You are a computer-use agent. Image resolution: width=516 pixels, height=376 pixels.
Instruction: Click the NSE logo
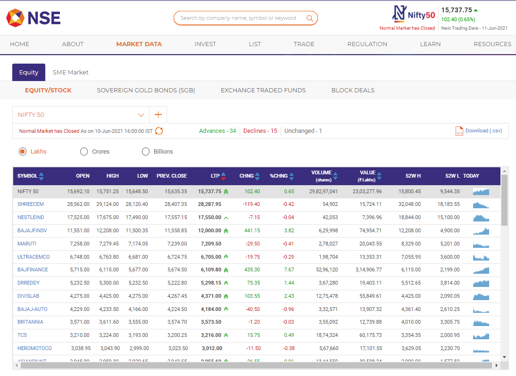(33, 18)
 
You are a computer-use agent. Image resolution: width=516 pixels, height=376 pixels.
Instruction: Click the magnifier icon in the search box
(310, 18)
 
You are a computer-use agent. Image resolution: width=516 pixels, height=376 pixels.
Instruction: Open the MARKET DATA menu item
(139, 44)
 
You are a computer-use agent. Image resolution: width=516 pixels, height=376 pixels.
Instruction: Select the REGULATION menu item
(367, 44)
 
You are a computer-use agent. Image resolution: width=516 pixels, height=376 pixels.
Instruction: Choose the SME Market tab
(71, 73)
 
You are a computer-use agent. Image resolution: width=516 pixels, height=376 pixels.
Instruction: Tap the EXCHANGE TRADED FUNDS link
(263, 90)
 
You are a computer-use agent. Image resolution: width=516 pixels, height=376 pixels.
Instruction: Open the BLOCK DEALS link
(353, 90)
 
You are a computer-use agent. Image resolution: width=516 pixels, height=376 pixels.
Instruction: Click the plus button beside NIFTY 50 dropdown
(158, 114)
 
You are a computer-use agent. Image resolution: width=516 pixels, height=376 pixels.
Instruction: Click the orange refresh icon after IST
(159, 131)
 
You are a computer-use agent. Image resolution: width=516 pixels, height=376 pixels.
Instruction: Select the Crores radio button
(84, 152)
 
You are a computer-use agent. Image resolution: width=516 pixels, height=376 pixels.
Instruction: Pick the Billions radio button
(146, 152)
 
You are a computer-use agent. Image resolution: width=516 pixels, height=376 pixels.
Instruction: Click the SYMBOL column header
(27, 176)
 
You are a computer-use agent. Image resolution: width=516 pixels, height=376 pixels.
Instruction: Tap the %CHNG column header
(279, 176)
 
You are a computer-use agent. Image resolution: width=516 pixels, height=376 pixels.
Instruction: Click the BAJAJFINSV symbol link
(33, 231)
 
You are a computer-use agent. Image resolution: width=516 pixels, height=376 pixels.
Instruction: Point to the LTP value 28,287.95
(209, 204)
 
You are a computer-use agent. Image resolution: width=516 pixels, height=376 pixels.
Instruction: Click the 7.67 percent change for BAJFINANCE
(289, 270)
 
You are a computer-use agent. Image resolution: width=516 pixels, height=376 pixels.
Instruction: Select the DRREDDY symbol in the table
(28, 283)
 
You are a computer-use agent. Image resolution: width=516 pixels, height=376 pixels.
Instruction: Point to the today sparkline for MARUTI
(481, 244)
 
